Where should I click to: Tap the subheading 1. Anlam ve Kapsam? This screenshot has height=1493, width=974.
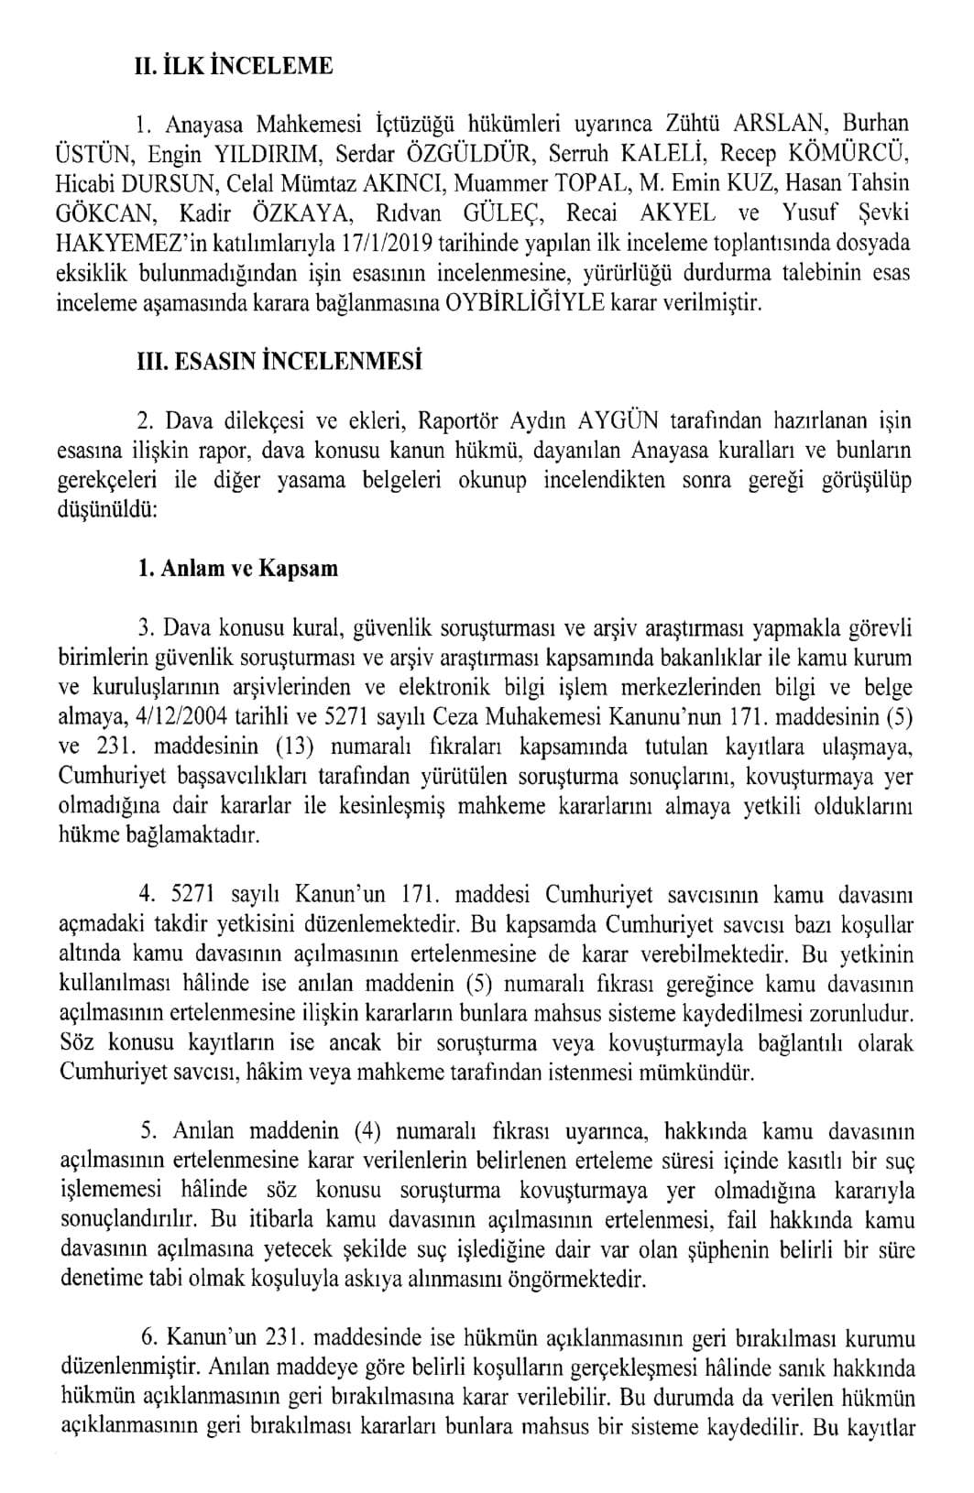click(x=237, y=568)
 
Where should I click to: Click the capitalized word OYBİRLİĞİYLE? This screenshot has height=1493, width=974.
click(x=524, y=302)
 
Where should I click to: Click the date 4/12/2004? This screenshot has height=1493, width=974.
click(x=181, y=717)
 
